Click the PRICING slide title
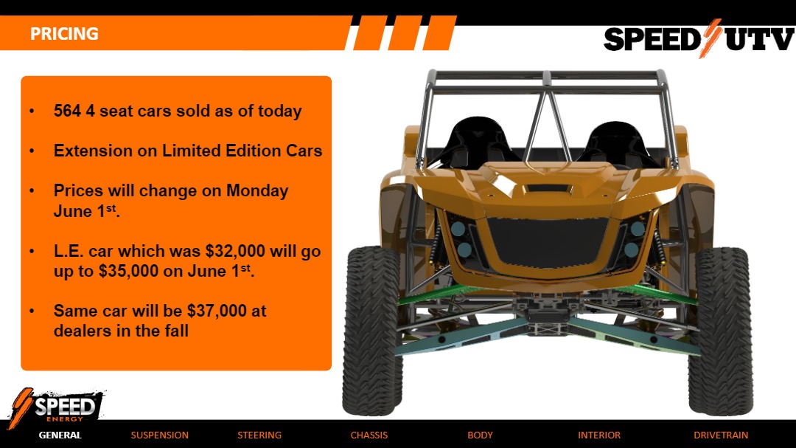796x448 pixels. click(x=64, y=34)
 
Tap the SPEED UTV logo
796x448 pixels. click(x=698, y=39)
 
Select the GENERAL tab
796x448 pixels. click(x=60, y=435)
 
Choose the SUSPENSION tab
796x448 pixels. click(x=159, y=435)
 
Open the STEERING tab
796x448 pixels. click(x=259, y=435)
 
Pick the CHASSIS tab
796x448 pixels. click(x=369, y=435)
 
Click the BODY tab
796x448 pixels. click(x=480, y=435)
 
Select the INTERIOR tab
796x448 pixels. click(x=599, y=435)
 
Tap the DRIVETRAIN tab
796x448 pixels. click(x=721, y=435)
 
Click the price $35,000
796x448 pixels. click(x=128, y=271)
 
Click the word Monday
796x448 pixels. click(x=257, y=190)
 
